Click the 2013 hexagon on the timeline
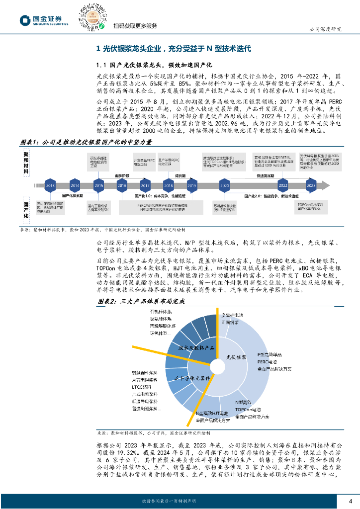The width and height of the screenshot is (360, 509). coord(50,185)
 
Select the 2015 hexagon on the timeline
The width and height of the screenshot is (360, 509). coord(98,185)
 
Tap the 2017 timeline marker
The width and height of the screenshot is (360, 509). coord(145,185)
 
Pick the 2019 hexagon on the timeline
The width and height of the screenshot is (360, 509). coord(192,185)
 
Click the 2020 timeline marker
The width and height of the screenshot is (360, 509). coord(224,185)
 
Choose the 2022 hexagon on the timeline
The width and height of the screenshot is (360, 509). coord(283,185)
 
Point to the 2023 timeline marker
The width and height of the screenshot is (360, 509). coord(311,185)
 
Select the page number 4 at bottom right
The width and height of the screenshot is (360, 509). coord(350,500)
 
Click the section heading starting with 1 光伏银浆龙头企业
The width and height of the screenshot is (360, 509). coord(174,49)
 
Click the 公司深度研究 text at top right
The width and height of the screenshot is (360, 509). coord(326,29)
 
